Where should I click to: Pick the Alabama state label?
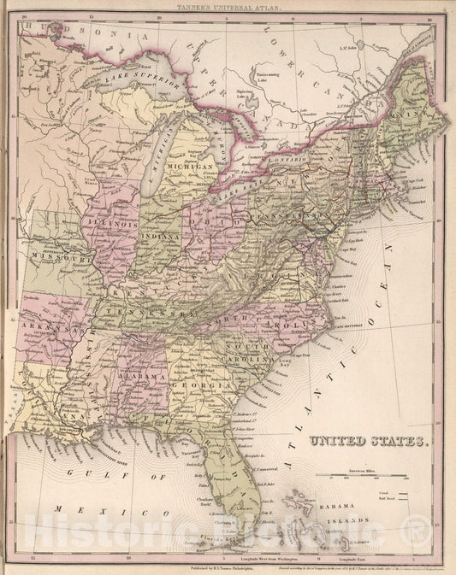point(141,376)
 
